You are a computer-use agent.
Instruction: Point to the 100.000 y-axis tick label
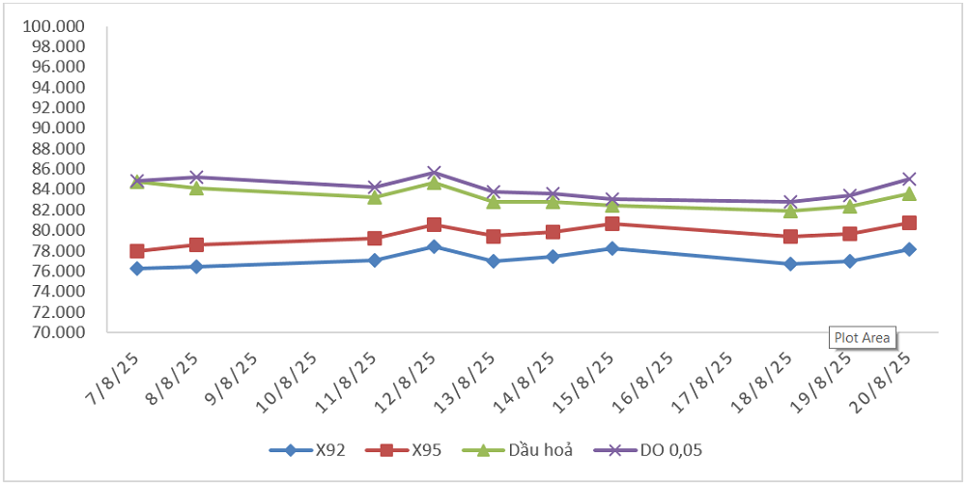(x=57, y=26)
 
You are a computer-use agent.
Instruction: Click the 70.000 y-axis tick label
(x=57, y=332)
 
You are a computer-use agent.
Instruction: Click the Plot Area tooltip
(x=863, y=338)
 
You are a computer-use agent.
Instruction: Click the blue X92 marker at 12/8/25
(x=434, y=246)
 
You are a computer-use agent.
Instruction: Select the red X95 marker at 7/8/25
(x=137, y=251)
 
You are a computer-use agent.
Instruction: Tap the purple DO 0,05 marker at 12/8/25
(x=434, y=173)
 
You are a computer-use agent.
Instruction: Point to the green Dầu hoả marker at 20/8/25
(x=909, y=194)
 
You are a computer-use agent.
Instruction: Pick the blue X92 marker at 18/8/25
(x=790, y=264)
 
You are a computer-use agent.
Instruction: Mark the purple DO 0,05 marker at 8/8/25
(x=196, y=177)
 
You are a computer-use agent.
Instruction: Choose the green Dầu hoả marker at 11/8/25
(x=375, y=197)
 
